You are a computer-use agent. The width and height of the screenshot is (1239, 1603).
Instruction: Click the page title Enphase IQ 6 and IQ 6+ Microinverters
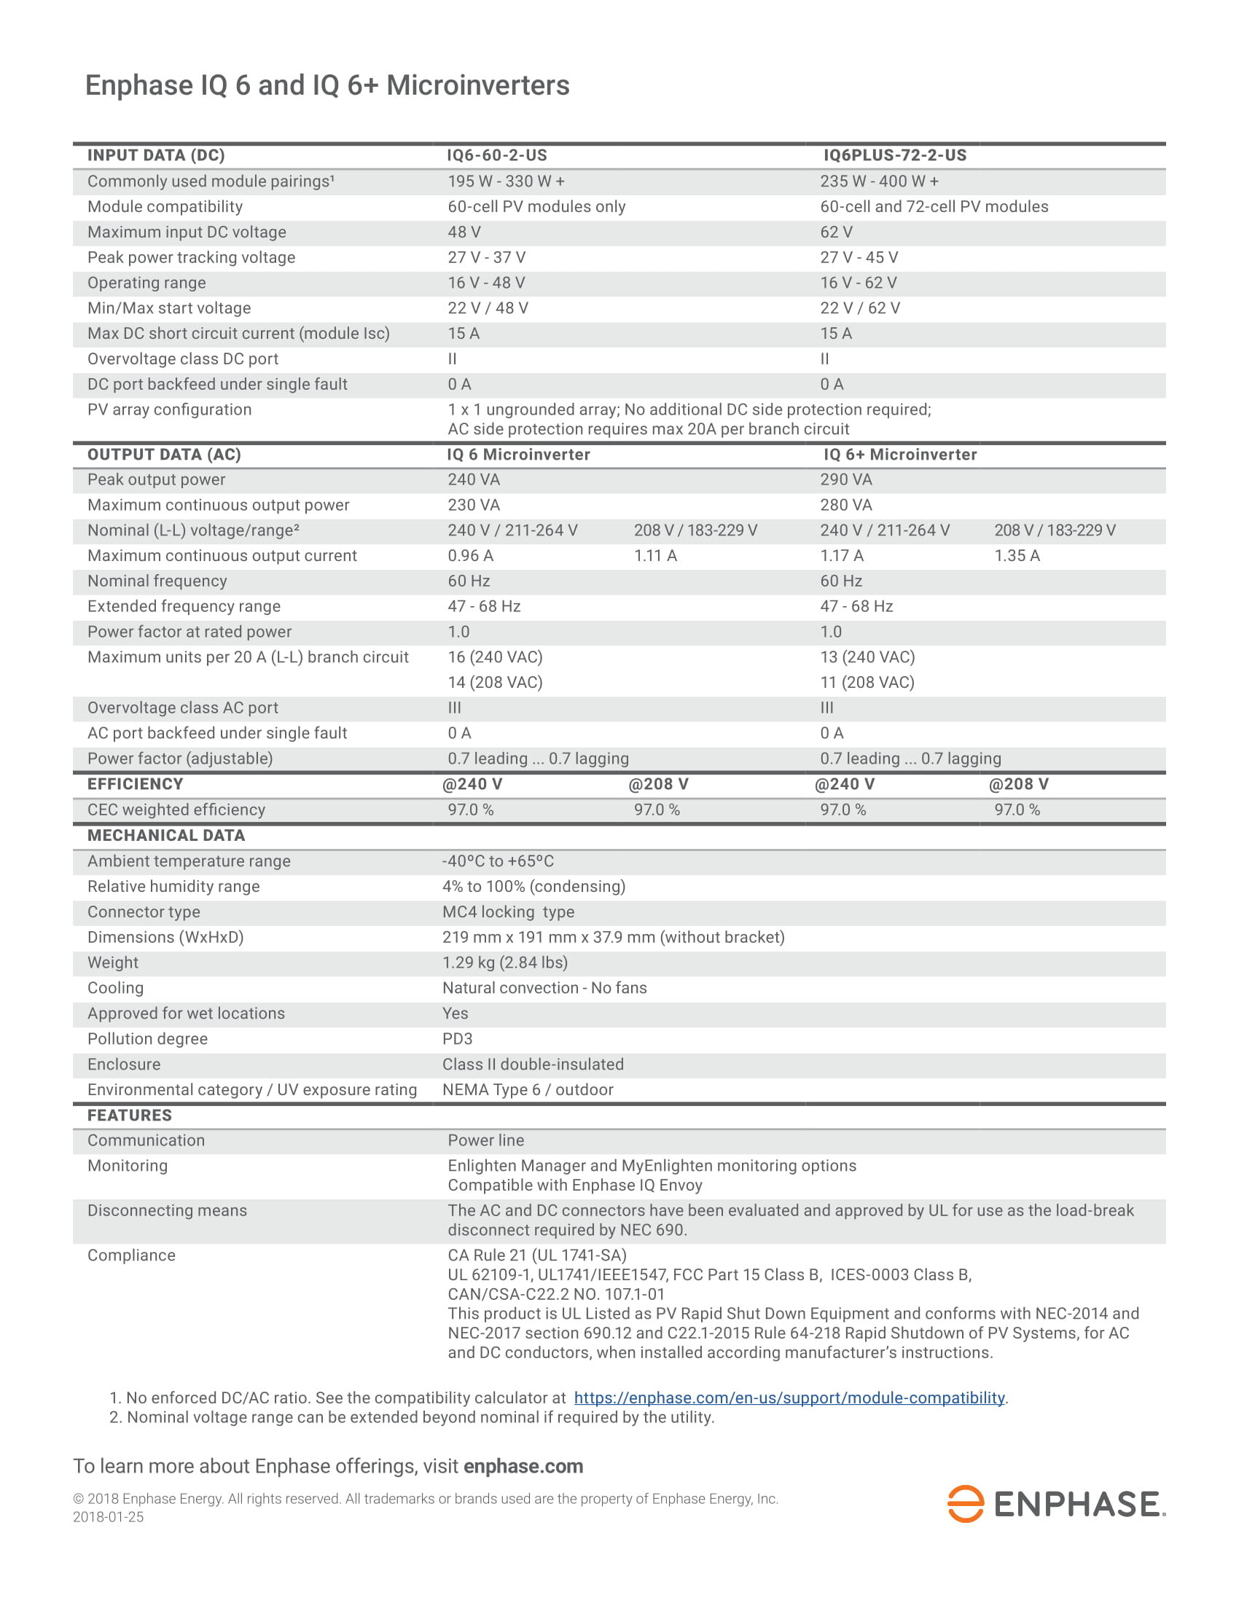[x=327, y=85]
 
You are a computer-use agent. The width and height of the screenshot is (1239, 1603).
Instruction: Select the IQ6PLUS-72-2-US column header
[x=894, y=156]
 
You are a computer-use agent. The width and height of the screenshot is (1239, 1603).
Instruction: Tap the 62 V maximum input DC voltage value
[x=835, y=232]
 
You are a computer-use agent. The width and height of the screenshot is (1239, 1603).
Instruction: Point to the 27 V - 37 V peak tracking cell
[x=486, y=258]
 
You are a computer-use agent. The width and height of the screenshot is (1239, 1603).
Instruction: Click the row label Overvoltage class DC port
[x=183, y=359]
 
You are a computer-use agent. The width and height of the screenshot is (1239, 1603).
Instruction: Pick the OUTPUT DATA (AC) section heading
[x=164, y=455]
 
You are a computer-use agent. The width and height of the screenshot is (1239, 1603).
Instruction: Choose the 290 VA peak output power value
[x=845, y=479]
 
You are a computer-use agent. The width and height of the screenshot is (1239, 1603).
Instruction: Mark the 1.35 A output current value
[x=1016, y=556]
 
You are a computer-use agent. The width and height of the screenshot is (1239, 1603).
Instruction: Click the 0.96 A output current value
[x=470, y=556]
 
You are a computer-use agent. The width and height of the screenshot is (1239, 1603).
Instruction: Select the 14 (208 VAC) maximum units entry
[x=495, y=683]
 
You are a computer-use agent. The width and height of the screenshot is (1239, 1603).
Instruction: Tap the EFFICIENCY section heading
[x=135, y=784]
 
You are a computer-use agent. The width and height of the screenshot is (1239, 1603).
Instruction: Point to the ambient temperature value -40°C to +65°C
[x=498, y=861]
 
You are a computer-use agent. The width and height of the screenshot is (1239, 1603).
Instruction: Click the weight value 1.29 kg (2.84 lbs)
[x=504, y=963]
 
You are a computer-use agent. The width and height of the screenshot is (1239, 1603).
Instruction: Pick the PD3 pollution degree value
[x=456, y=1038]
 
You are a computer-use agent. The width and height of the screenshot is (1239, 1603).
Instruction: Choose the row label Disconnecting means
[x=167, y=1210]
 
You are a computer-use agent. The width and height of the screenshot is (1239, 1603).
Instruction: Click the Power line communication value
[x=485, y=1140]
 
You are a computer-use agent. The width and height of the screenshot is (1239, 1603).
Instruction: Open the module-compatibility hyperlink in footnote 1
[x=789, y=1398]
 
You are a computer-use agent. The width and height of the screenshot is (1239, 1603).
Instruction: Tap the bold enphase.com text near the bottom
[x=523, y=1466]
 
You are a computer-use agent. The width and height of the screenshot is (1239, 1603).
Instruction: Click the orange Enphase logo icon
[x=964, y=1504]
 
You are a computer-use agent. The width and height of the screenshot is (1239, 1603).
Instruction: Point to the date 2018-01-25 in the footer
[x=108, y=1516]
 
